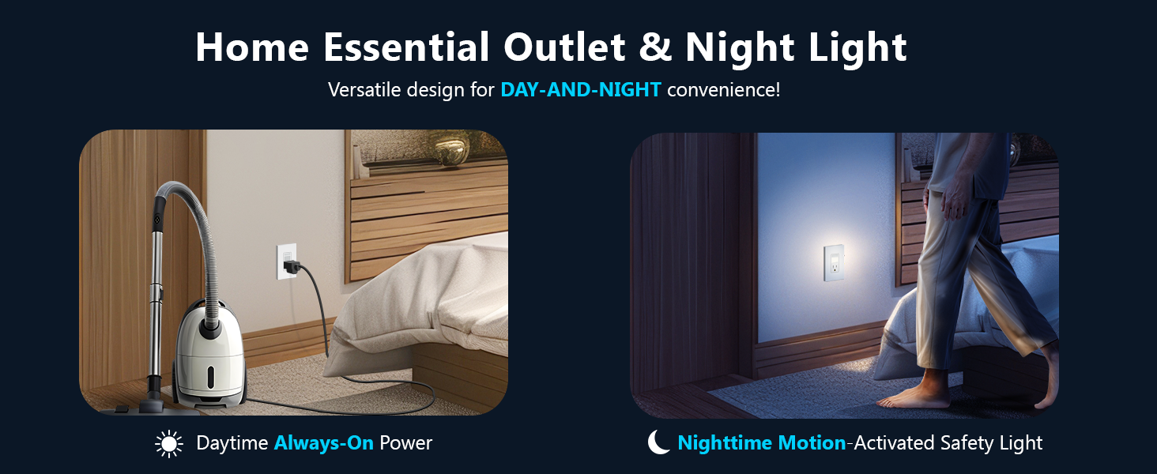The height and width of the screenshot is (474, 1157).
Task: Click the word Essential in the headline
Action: pyautogui.click(x=405, y=47)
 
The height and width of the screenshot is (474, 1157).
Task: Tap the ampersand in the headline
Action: pyautogui.click(x=655, y=47)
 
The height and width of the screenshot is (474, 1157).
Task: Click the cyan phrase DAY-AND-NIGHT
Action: pyautogui.click(x=581, y=90)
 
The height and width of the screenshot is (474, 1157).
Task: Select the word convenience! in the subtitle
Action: pyautogui.click(x=724, y=90)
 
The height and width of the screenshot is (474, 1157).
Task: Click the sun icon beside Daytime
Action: pyautogui.click(x=169, y=443)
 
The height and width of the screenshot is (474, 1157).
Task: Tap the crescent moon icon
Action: pyautogui.click(x=658, y=442)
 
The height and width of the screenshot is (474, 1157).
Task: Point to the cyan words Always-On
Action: pyautogui.click(x=323, y=443)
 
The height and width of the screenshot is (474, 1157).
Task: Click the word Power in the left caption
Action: pyautogui.click(x=405, y=443)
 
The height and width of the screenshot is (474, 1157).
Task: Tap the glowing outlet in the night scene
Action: pyautogui.click(x=834, y=263)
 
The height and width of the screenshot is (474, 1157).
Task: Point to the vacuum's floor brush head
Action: pyautogui.click(x=145, y=405)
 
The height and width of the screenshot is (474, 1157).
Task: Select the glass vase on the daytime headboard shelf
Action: pyautogui.click(x=451, y=149)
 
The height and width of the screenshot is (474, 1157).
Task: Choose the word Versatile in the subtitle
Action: pyautogui.click(x=364, y=90)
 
